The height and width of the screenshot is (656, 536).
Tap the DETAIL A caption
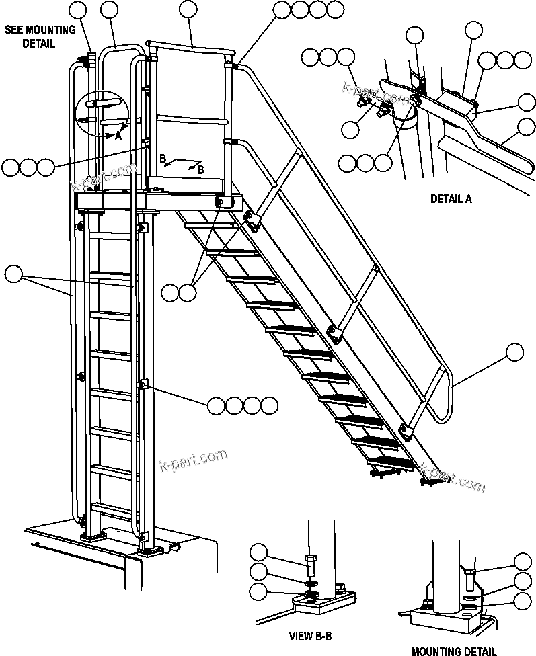tap(451, 199)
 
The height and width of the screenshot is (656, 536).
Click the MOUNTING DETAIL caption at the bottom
tap(453, 650)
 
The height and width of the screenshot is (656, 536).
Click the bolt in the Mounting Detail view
tap(470, 577)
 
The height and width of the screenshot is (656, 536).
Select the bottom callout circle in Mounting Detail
tap(523, 600)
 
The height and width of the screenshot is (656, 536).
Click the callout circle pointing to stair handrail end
tap(514, 352)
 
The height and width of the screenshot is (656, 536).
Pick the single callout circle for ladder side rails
tap(13, 274)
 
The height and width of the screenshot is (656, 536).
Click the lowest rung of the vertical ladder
tap(111, 506)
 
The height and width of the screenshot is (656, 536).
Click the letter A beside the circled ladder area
tap(118, 135)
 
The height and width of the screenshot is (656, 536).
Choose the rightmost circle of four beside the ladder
tap(269, 405)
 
